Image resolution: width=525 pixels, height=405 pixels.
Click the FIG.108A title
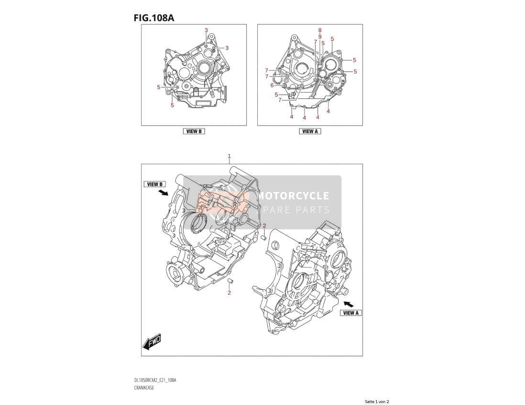(153, 18)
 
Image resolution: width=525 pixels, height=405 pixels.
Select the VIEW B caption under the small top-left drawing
(194, 131)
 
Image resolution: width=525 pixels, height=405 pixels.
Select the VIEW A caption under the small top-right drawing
(310, 131)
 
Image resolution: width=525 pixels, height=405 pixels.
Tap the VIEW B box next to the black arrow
(155, 184)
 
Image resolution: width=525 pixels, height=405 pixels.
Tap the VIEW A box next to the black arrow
(351, 313)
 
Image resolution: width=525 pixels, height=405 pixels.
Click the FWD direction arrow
(152, 341)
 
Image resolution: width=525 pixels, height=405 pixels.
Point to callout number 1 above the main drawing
(230, 156)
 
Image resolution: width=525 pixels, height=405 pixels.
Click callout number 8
(320, 31)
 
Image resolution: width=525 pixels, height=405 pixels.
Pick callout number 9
(320, 37)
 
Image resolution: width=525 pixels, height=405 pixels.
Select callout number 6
(272, 85)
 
